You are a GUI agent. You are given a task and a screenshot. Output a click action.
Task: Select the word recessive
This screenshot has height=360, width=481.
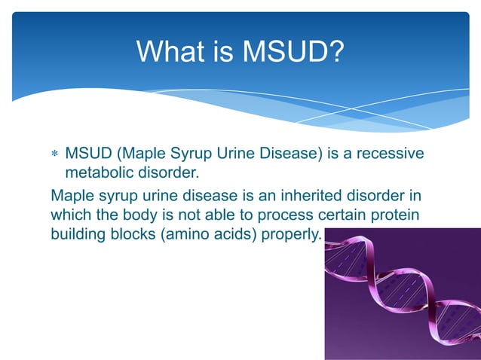[389, 154]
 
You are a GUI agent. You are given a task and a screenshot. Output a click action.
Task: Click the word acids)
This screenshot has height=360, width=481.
[238, 234]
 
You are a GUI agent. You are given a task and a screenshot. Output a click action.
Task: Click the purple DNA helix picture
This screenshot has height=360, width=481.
[402, 294]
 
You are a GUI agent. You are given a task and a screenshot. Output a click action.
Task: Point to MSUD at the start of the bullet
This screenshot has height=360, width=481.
[87, 154]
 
